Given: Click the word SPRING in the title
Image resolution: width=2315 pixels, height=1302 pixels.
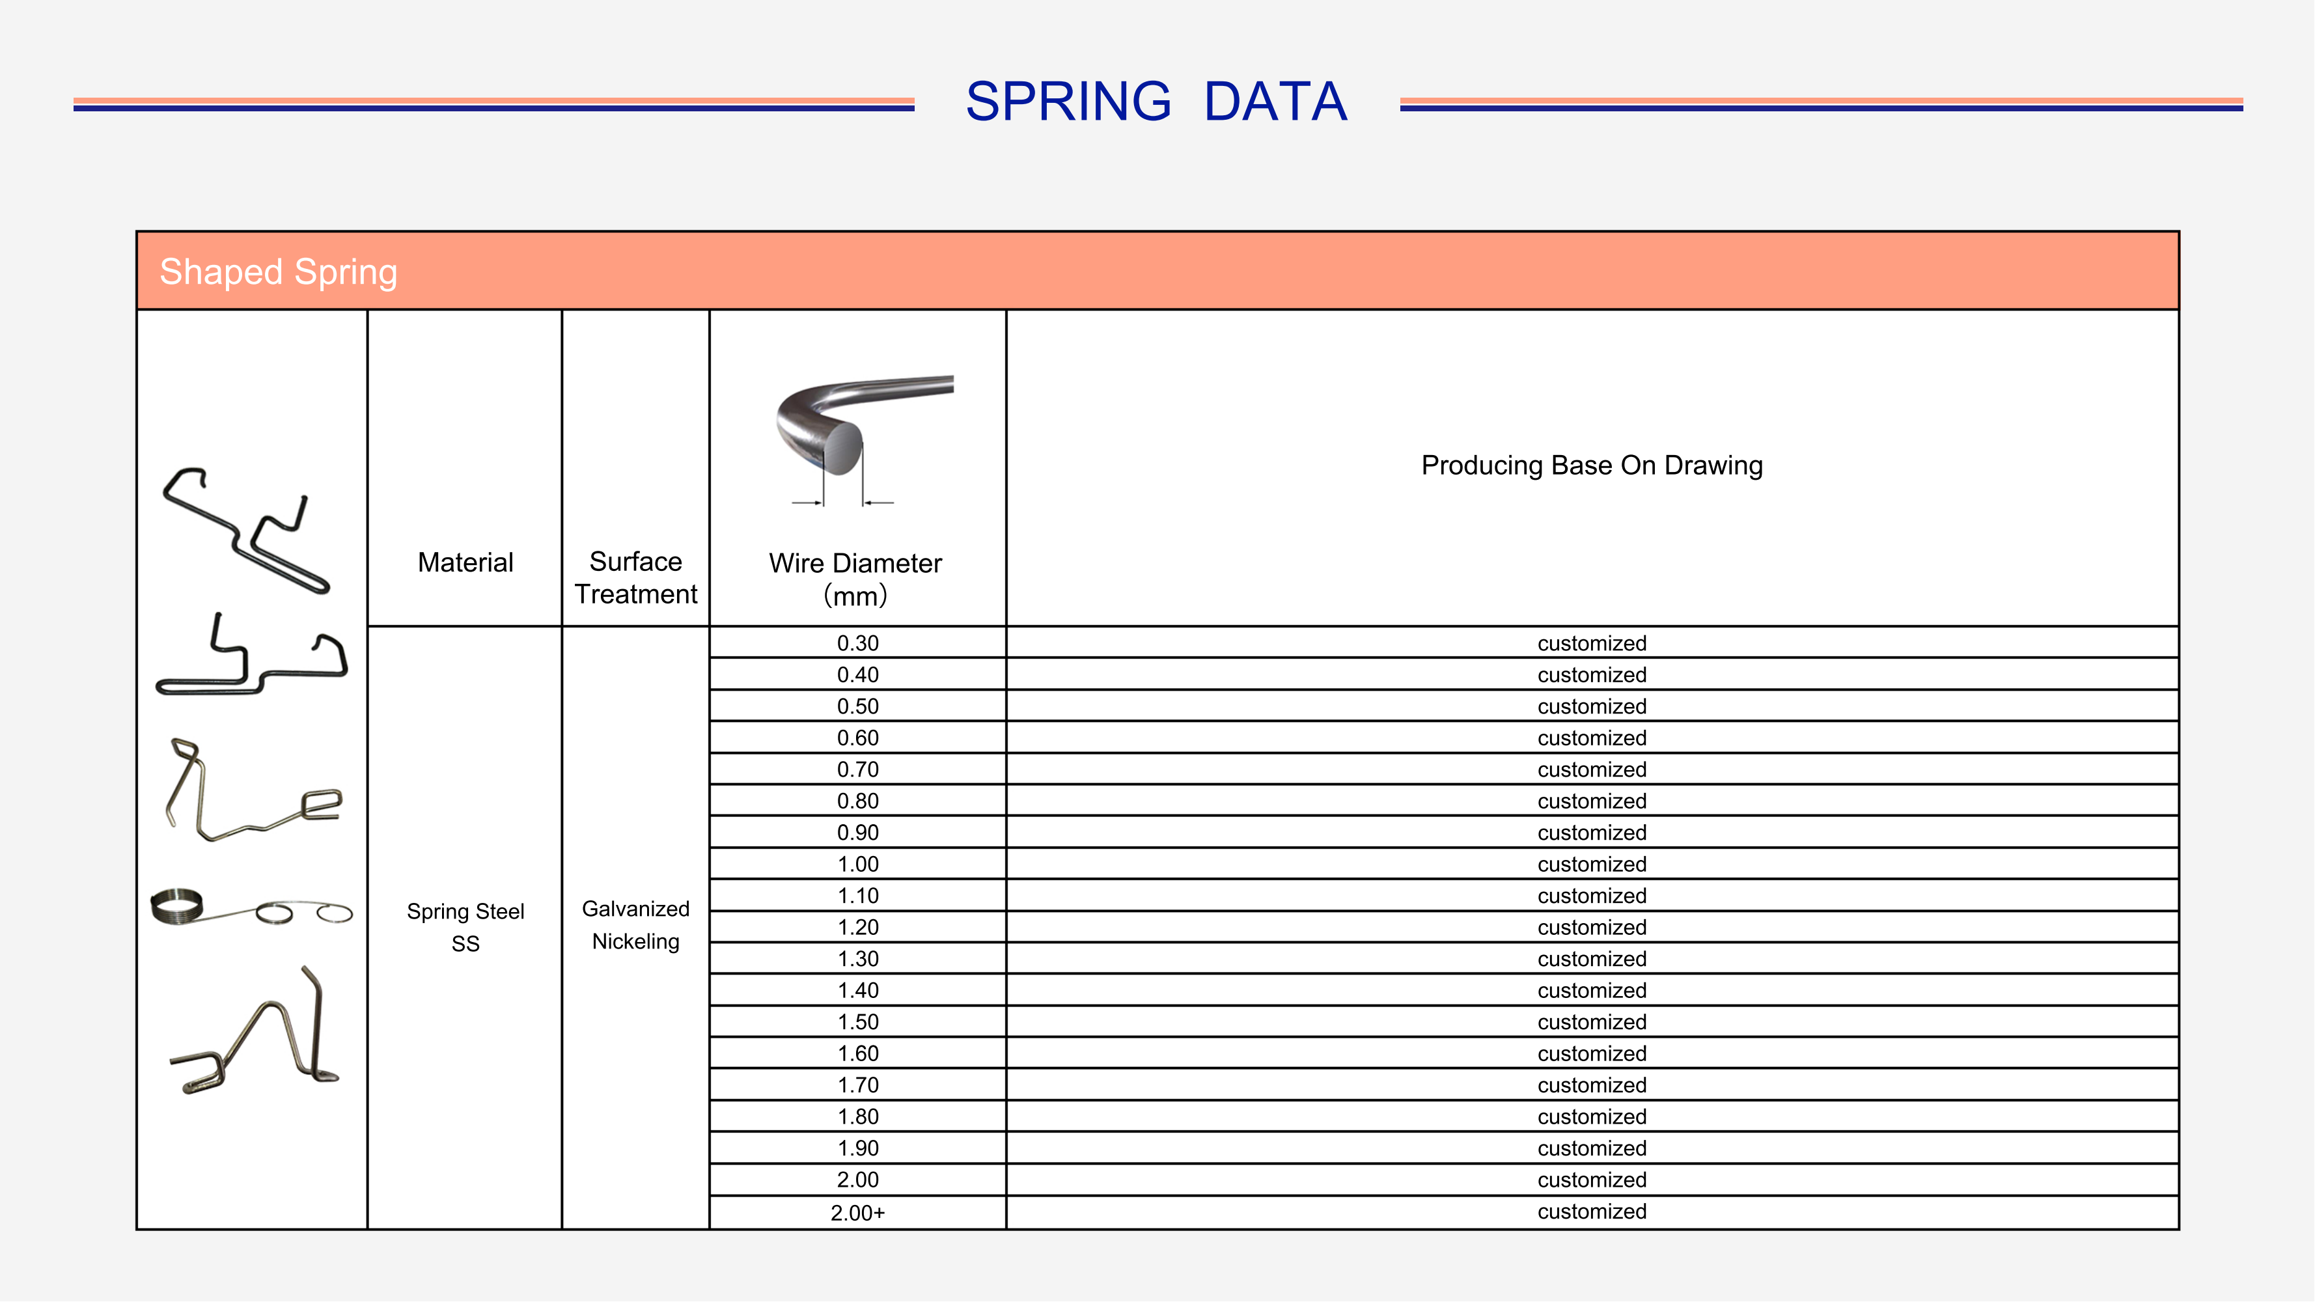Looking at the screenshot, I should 1068,102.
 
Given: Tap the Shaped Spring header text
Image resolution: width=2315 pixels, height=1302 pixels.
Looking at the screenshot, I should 278,272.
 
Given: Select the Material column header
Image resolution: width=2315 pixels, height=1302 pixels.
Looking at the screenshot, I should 465,562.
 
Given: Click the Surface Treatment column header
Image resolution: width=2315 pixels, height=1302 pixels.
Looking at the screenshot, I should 635,578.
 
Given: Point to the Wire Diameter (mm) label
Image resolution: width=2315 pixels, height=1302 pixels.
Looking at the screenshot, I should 855,579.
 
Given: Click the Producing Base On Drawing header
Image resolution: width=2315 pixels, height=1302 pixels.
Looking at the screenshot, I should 1592,465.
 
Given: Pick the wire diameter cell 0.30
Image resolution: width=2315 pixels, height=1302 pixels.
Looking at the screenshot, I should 857,643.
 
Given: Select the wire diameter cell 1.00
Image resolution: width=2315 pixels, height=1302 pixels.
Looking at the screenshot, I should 857,865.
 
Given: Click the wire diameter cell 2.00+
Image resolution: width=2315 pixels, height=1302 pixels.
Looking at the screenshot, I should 857,1213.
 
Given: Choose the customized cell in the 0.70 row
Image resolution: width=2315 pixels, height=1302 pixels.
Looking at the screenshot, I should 1592,770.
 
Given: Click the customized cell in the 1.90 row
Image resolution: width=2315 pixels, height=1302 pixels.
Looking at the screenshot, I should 1592,1148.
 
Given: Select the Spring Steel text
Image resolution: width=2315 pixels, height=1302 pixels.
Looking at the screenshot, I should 465,912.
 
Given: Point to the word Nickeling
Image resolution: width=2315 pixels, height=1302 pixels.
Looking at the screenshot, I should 635,942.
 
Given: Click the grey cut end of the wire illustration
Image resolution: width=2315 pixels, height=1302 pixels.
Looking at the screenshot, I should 842,449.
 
